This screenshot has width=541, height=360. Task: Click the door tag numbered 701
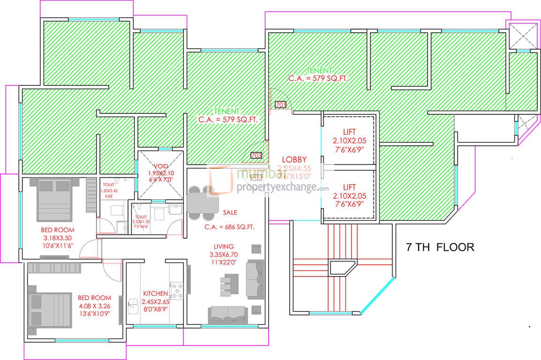(x=281, y=105)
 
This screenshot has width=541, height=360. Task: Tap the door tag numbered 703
(x=256, y=155)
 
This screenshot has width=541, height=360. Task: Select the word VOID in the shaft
(x=161, y=166)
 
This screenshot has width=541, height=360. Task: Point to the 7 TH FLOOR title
(x=440, y=247)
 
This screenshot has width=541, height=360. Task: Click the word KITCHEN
(x=155, y=294)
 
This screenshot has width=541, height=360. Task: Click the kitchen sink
(x=132, y=307)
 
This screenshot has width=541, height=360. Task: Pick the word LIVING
(x=224, y=247)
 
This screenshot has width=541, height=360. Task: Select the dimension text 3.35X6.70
(x=224, y=255)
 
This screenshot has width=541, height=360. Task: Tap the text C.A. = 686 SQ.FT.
(x=229, y=227)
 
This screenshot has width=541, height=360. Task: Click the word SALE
(x=230, y=212)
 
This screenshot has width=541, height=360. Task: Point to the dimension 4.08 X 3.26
(x=94, y=306)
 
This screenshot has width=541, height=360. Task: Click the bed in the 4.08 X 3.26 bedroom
(x=47, y=308)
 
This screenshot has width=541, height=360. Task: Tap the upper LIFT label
(x=348, y=133)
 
